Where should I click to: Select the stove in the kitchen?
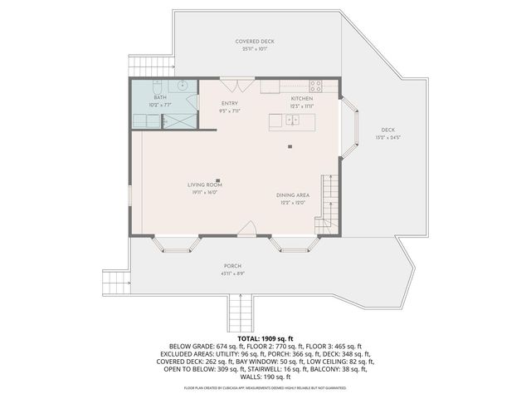click(316, 85)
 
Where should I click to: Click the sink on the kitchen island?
click(292, 121)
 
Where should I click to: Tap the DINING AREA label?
click(293, 195)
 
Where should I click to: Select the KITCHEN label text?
click(300, 99)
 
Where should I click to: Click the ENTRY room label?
click(230, 103)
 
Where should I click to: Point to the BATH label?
click(160, 97)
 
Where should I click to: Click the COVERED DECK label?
click(254, 42)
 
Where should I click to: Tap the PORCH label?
click(231, 266)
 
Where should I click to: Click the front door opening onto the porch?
click(247, 229)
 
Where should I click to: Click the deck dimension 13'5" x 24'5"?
click(387, 137)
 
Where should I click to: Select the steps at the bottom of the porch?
click(240, 314)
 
